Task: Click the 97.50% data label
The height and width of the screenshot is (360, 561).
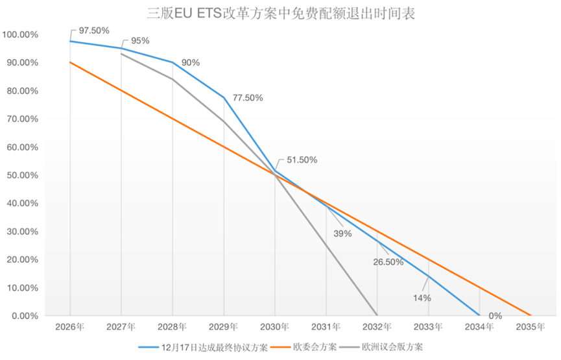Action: [x=94, y=30]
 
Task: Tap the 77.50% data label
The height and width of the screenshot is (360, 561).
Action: [x=247, y=98]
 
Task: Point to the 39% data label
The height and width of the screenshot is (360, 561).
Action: [x=342, y=234]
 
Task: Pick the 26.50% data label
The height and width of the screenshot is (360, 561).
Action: [x=388, y=262]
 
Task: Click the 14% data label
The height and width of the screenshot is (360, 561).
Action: [x=422, y=298]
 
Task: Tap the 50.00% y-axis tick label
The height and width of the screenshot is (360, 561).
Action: [x=22, y=175]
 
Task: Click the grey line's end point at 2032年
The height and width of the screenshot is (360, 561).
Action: [x=377, y=315]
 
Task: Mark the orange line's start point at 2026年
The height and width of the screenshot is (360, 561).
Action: [x=70, y=62]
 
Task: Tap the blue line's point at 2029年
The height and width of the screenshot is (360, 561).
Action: [x=224, y=97]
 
